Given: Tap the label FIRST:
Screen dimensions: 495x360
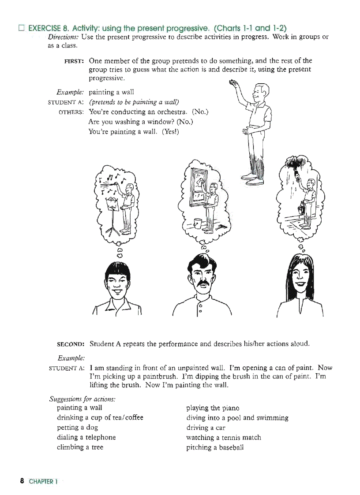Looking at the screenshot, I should coord(75,61).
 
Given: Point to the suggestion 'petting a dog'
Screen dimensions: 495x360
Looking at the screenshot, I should coord(78,428).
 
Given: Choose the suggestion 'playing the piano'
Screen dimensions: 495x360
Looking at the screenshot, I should coord(213,408).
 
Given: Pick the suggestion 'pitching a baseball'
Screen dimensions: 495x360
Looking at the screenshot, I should coord(215,447).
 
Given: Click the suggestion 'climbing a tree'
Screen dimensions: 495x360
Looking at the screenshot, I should coord(80,447).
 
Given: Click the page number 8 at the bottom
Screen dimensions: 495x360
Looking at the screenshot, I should coord(22,481).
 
